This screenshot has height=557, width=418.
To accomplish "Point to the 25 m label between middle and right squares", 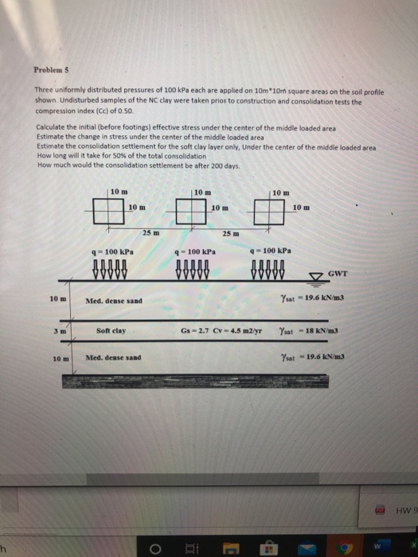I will [231, 233].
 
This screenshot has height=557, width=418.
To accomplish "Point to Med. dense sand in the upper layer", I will [115, 302].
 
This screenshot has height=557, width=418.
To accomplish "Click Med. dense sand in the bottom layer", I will [113, 357].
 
